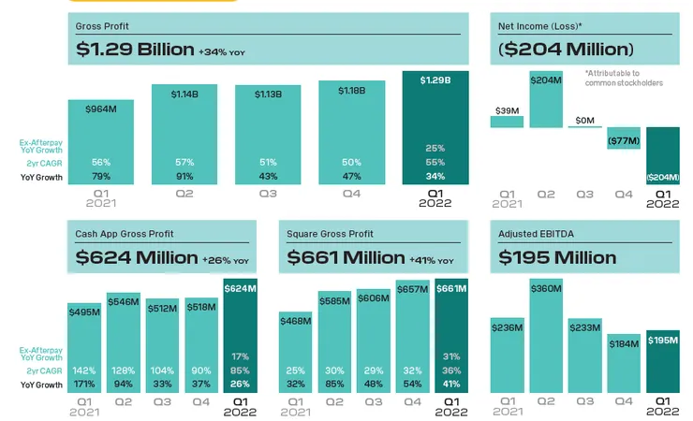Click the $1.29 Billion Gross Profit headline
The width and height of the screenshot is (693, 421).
135,49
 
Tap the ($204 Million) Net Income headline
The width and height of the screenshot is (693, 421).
567,49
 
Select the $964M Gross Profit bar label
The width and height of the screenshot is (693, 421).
100,109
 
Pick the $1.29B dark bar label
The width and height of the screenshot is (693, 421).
435,80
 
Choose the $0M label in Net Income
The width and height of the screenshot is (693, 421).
585,119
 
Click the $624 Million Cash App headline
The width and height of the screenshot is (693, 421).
137,257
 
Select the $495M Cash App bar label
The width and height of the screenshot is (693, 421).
84,312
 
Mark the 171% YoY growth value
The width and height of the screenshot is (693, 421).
84,384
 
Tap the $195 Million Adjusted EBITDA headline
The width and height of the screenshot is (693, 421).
557,257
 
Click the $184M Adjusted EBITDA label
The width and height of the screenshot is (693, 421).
623,344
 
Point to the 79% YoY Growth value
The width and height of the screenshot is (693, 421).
100,177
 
